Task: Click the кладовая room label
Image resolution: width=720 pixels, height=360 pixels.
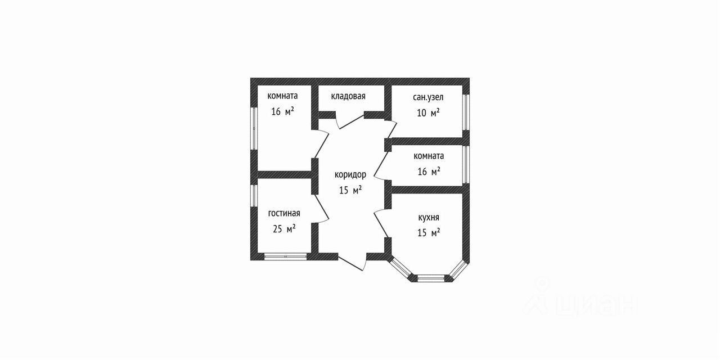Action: (x=348, y=96)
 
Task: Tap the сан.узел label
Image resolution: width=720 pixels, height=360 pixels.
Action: (x=428, y=97)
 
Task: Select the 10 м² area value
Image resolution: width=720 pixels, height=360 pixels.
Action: (x=428, y=112)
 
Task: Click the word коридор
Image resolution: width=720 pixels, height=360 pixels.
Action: (x=350, y=174)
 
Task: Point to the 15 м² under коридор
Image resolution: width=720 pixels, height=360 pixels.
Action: (x=350, y=190)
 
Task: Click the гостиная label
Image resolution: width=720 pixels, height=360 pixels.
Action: (x=284, y=213)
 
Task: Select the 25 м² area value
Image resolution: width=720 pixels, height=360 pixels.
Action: (x=284, y=229)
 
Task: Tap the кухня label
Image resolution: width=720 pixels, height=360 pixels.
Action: (x=429, y=217)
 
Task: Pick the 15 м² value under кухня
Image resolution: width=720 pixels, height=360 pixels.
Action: (x=429, y=232)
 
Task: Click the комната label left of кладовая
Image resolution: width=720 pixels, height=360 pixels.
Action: (x=282, y=96)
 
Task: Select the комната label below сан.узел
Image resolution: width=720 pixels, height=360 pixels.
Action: (x=429, y=156)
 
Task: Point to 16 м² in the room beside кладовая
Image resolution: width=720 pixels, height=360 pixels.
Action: (x=282, y=111)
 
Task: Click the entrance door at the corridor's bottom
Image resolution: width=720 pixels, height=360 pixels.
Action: (x=352, y=263)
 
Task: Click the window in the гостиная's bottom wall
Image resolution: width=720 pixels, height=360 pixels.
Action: (x=286, y=256)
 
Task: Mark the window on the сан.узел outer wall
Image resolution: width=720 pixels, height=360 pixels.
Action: (x=466, y=111)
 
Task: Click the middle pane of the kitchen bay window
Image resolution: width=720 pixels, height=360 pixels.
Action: (x=431, y=277)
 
